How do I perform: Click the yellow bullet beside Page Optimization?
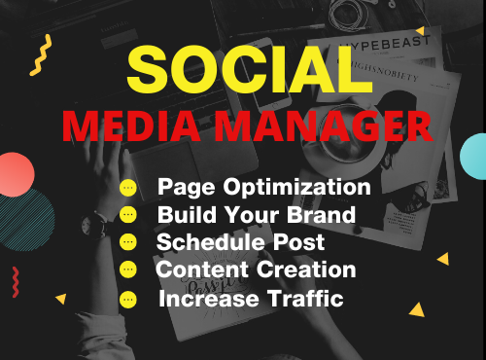pyautogui.click(x=128, y=188)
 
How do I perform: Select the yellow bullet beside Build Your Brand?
pyautogui.click(x=128, y=215)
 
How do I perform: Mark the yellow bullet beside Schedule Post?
pyautogui.click(x=128, y=242)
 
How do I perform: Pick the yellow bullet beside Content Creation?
pyautogui.click(x=128, y=270)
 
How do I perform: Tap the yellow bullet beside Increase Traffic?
pyautogui.click(x=128, y=299)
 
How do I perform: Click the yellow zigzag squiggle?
pyautogui.click(x=40, y=55)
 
